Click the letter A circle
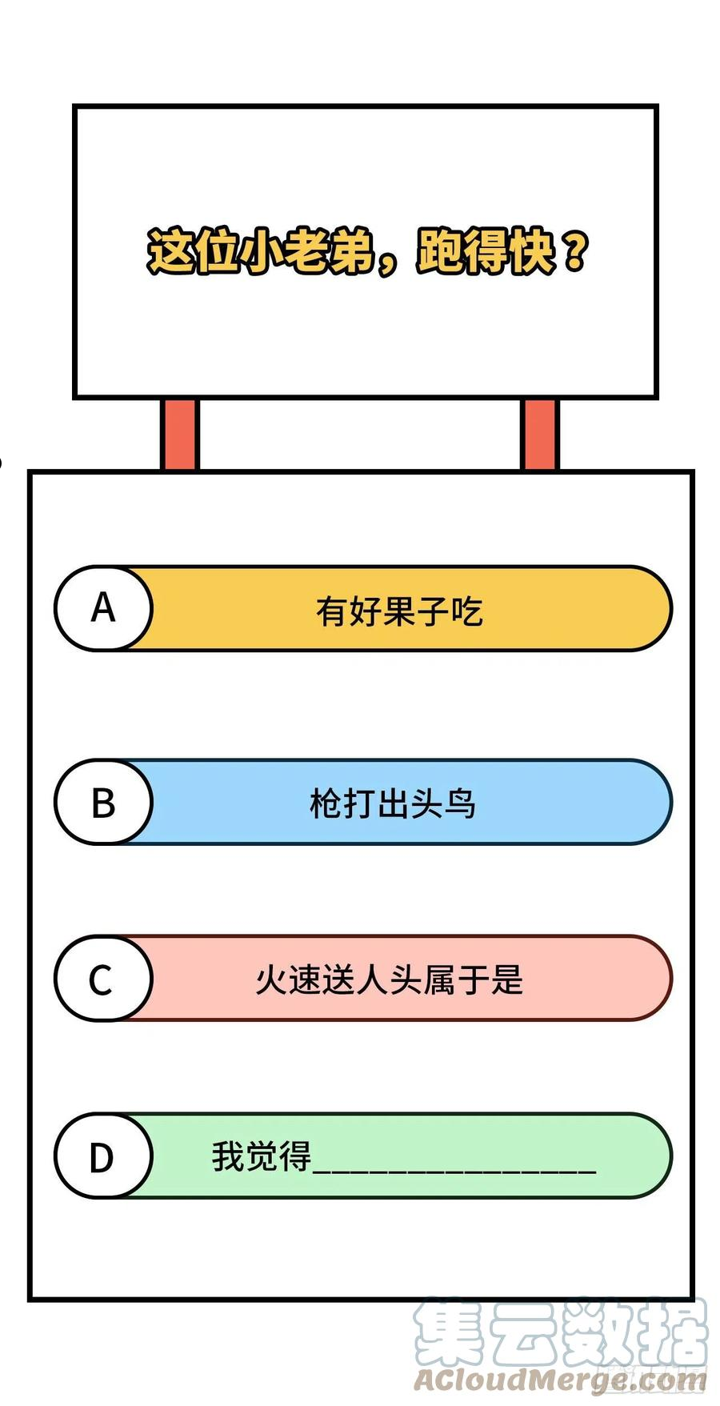tap(103, 608)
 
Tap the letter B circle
tap(103, 802)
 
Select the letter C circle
tap(103, 979)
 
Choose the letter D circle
tap(103, 1156)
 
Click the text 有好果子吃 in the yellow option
tap(399, 611)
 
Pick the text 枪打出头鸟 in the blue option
tap(393, 803)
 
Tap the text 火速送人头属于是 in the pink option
tap(390, 979)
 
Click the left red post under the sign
tap(179, 435)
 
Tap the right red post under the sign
tap(540, 435)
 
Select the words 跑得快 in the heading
tap(485, 252)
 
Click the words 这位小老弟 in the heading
tap(261, 252)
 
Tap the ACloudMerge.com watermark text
tap(561, 1380)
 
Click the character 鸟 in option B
tap(460, 803)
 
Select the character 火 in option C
tap(272, 979)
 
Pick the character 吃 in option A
tap(466, 611)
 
